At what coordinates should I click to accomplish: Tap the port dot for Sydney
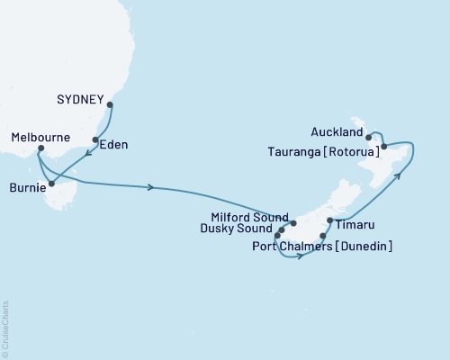coord(110,105)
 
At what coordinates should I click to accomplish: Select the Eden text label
coord(112,142)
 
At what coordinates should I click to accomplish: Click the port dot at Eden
coord(94,139)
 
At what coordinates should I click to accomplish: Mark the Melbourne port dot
coord(40,148)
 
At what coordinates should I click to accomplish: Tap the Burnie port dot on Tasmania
coord(51,184)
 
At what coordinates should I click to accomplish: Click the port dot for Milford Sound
coord(293,220)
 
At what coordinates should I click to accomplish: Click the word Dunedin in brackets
coord(367,246)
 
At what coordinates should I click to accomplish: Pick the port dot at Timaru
coord(330,220)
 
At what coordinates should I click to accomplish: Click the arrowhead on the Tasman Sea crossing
coord(151,187)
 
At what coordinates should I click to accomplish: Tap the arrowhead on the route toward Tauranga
coord(400,177)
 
